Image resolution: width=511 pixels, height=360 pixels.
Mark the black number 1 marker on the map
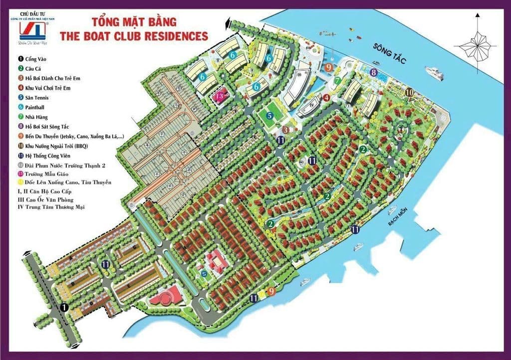coord(64,308)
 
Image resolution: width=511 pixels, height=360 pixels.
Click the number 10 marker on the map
coord(409,92)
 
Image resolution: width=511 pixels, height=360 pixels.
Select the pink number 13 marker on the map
coord(219,95)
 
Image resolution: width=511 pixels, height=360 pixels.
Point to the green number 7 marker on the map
coord(338,81)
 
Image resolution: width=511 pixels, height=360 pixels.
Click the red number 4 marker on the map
coord(326,98)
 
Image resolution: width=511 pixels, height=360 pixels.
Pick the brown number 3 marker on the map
coord(285,130)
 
